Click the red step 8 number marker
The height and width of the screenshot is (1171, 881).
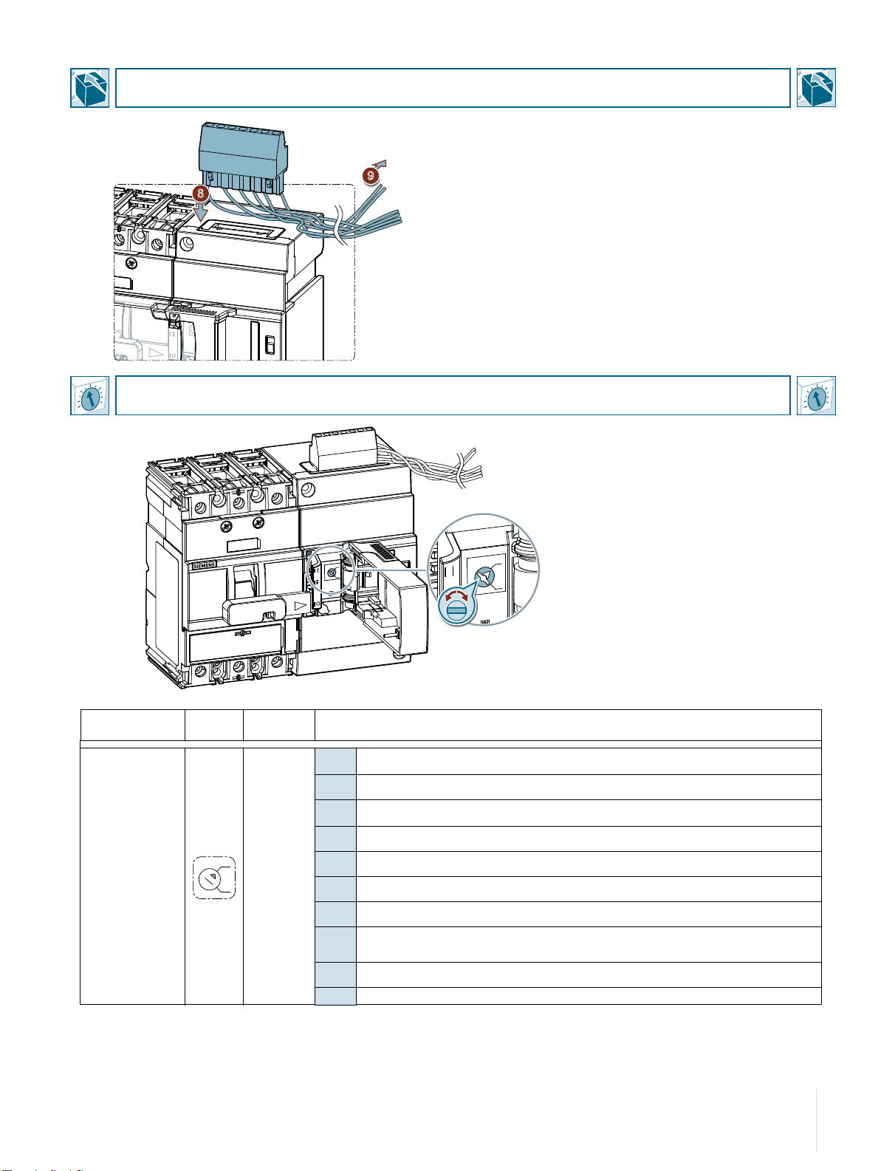tap(199, 194)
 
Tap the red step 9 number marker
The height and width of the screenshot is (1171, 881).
tap(371, 175)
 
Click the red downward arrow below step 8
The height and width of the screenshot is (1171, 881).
tap(199, 213)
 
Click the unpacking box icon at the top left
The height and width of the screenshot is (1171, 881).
tap(90, 88)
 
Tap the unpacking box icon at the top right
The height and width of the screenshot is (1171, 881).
tap(816, 88)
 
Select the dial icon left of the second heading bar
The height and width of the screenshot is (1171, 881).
tap(90, 396)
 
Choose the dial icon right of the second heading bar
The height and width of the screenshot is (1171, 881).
tap(816, 396)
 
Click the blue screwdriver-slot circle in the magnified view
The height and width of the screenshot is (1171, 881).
tap(457, 610)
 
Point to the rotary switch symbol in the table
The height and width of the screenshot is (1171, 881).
tap(214, 877)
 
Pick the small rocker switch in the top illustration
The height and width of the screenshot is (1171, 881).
tap(270, 344)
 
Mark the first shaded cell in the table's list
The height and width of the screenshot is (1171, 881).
tap(335, 762)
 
